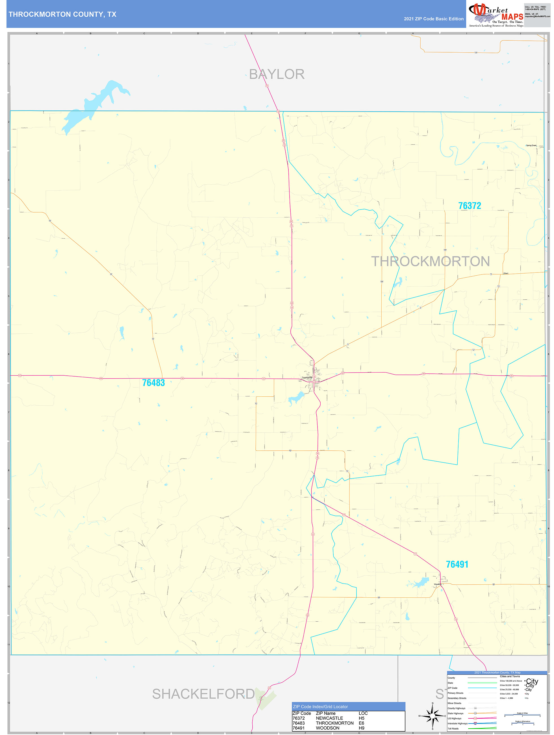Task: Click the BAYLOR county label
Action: (276, 74)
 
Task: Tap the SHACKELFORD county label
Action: (203, 694)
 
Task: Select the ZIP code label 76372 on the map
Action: (469, 206)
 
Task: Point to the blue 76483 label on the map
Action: (153, 383)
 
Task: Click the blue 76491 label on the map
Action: (457, 564)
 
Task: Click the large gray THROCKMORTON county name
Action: (430, 261)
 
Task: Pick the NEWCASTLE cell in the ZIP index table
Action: (329, 718)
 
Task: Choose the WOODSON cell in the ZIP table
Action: (327, 728)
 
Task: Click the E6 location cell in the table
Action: (361, 723)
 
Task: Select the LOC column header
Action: (363, 713)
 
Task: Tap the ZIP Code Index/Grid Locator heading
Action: (320, 707)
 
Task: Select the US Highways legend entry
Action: (454, 718)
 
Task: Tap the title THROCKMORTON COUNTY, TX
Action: (62, 14)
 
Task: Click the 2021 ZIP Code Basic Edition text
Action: (433, 19)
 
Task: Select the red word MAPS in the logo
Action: (512, 17)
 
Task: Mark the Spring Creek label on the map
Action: (531, 146)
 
